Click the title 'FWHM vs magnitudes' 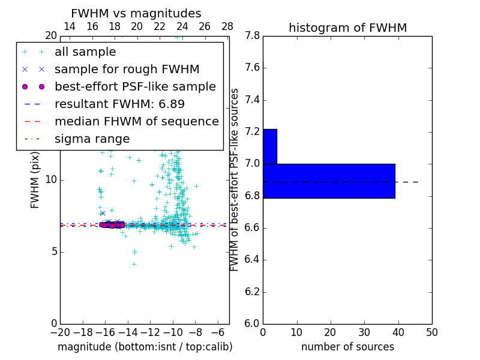click(136, 14)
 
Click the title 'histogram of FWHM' click(347, 28)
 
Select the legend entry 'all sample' click(85, 52)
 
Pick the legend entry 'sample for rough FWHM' click(127, 70)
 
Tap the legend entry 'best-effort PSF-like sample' click(135, 87)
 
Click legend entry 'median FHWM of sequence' click(136, 122)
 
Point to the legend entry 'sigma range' click(92, 139)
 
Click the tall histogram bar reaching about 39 click(329, 181)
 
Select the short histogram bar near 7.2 click(269, 146)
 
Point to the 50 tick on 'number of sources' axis click(431, 332)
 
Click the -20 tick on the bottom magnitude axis click(60, 332)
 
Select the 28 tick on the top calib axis click(227, 26)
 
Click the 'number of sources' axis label click(347, 347)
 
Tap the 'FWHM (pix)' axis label click(35, 179)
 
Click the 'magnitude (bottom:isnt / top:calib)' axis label click(145, 347)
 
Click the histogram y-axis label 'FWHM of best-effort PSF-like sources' click(235, 179)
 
